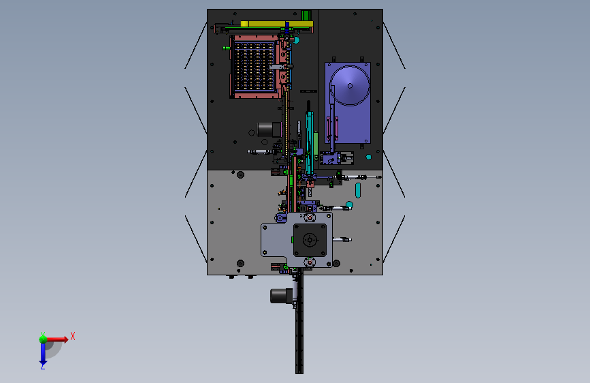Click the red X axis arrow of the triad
58,338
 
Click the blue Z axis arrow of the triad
42,354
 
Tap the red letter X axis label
72,336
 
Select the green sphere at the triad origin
42,337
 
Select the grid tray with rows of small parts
253,67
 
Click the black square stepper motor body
311,240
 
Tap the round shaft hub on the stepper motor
310,240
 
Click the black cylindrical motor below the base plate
279,295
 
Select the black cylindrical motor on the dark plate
267,128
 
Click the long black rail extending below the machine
299,334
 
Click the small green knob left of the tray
225,48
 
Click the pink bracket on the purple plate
333,127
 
